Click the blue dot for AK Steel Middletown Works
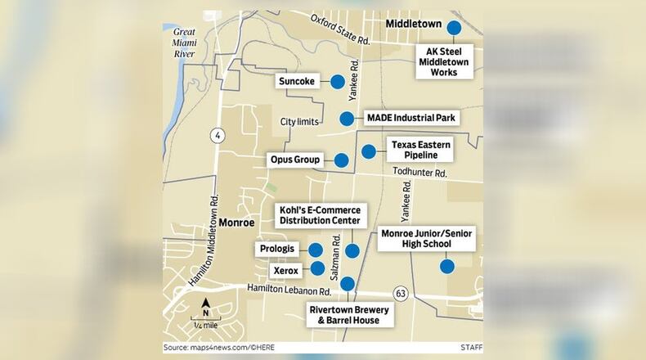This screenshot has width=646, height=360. (453, 28)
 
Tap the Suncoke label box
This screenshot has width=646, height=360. (297, 81)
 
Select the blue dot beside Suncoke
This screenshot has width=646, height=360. (337, 81)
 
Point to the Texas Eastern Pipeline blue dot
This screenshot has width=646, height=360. (369, 151)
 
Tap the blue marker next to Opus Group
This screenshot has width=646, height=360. (341, 160)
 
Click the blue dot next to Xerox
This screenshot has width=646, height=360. (317, 267)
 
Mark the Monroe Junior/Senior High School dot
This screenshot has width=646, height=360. (446, 266)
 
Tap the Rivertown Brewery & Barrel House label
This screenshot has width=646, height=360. (349, 316)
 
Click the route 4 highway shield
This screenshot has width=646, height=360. (216, 135)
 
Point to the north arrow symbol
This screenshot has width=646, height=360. (206, 308)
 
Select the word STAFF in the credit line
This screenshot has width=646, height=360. (471, 347)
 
